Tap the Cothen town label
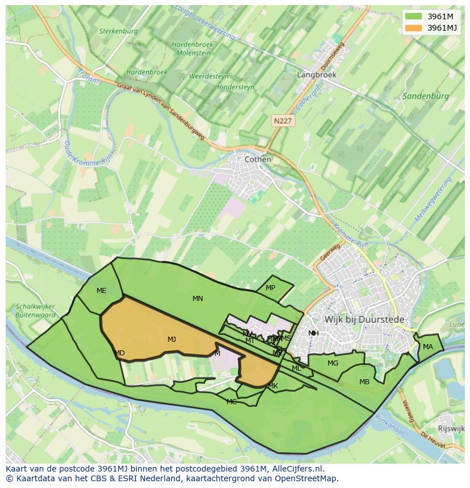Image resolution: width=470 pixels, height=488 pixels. click(258, 160)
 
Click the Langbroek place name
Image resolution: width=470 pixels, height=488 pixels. click(317, 75)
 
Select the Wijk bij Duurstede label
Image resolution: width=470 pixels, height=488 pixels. click(364, 320)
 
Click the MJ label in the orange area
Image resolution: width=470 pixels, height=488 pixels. click(171, 340)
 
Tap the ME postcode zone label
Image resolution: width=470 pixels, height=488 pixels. click(101, 291)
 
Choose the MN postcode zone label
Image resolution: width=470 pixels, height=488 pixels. click(198, 299)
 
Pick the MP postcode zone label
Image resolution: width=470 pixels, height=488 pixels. click(270, 288)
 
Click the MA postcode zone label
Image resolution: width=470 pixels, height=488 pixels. click(427, 347)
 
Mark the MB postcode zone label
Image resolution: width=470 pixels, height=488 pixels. click(364, 382)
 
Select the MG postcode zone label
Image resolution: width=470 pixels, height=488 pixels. click(333, 363)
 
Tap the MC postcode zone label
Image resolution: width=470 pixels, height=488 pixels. click(232, 402)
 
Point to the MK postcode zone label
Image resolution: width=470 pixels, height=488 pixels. click(273, 387)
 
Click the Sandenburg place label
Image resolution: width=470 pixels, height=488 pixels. click(425, 96)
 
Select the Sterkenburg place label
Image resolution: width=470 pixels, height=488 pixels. click(118, 32)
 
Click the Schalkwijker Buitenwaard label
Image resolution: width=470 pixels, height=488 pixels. click(36, 311)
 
